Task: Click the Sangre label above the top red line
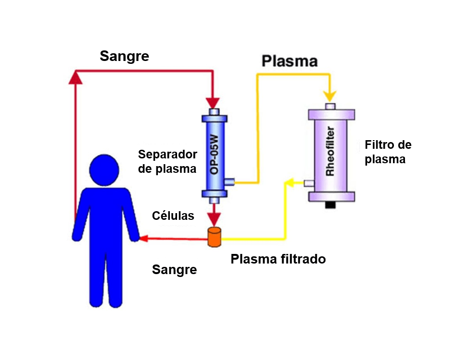pos(124,56)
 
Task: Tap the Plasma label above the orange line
pos(289,61)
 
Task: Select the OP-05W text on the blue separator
pos(214,155)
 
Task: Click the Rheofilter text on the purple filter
pos(330,151)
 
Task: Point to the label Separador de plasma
pos(167,162)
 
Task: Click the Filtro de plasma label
pos(388,152)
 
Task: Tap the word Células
pos(173,216)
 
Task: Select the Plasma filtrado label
pos(278,259)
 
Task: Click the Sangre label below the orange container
pos(174,270)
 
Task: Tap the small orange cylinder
pos(214,237)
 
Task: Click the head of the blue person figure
pos(104,170)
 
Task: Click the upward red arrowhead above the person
pos(75,77)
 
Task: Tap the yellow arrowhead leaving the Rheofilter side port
pos(289,182)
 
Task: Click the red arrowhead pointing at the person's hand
pos(144,238)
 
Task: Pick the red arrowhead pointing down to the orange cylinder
pos(214,220)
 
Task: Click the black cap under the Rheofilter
pos(330,205)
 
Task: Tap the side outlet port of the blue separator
pos(229,182)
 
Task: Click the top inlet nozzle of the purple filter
pos(330,106)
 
